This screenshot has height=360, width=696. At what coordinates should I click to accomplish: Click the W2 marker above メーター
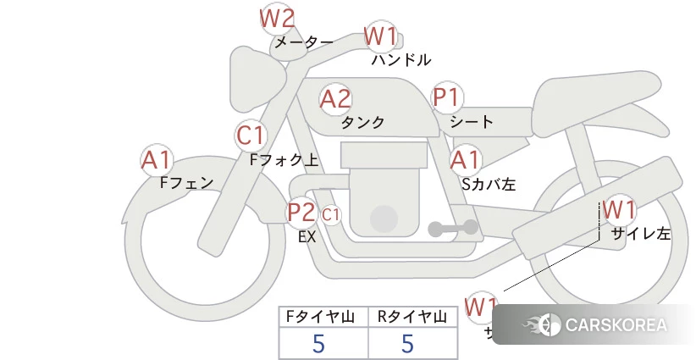point(277,18)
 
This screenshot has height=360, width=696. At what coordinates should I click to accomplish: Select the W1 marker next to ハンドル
point(380,37)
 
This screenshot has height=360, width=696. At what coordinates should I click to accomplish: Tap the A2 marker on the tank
point(335,99)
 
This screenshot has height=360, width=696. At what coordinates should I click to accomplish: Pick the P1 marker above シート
point(445,97)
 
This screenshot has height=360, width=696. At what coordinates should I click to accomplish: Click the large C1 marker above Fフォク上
point(251,136)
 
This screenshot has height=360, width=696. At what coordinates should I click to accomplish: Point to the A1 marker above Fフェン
point(157,159)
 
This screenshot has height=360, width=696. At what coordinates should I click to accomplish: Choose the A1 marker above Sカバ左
point(465,159)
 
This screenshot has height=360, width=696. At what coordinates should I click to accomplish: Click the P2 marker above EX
point(301,212)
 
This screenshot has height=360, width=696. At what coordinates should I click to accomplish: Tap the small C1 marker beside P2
point(331,214)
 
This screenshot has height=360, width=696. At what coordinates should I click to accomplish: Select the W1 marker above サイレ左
point(619,208)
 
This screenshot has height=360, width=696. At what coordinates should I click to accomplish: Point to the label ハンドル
point(401,60)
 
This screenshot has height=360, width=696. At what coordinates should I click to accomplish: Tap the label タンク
point(362,123)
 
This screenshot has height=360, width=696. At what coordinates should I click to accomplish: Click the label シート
point(472,122)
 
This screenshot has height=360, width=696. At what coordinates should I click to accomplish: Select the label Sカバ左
point(489,183)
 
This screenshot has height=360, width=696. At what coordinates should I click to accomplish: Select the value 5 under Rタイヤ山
point(407,343)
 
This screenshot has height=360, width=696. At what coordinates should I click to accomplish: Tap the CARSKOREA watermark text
point(616,325)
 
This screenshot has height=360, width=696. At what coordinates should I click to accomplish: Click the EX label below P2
point(307,237)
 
